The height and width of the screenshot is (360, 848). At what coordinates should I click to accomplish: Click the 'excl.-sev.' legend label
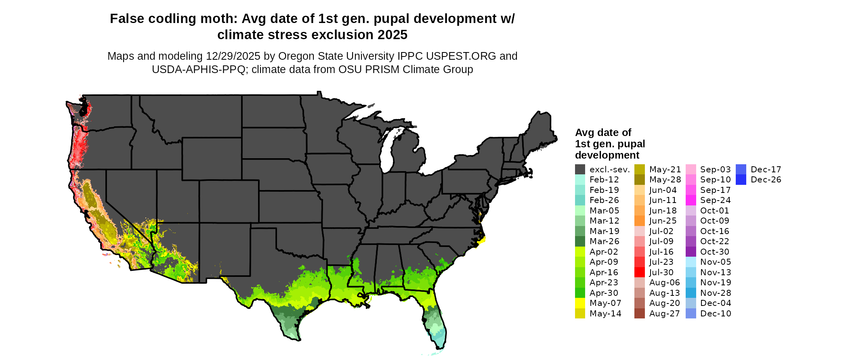pyautogui.click(x=609, y=170)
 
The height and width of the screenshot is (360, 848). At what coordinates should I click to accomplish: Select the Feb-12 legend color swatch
pyautogui.click(x=580, y=180)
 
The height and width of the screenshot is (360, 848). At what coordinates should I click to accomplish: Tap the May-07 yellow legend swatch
pyautogui.click(x=580, y=303)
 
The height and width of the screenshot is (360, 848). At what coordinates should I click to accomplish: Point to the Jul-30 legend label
pyautogui.click(x=661, y=272)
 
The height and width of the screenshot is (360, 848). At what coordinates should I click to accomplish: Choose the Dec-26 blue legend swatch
pyautogui.click(x=741, y=180)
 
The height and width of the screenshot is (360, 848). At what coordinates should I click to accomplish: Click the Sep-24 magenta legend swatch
pyautogui.click(x=691, y=200)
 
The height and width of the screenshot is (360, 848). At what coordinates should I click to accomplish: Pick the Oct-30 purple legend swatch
pyautogui.click(x=691, y=252)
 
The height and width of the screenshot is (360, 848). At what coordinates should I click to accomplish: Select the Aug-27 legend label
pyautogui.click(x=664, y=314)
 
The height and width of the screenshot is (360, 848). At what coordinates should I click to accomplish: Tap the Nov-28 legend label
pyautogui.click(x=716, y=293)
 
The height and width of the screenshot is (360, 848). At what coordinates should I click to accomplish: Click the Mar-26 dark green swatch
pyautogui.click(x=580, y=241)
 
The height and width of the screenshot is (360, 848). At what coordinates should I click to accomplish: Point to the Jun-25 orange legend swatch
pyautogui.click(x=640, y=221)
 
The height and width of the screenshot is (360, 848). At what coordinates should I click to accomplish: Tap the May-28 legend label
pyautogui.click(x=665, y=180)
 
